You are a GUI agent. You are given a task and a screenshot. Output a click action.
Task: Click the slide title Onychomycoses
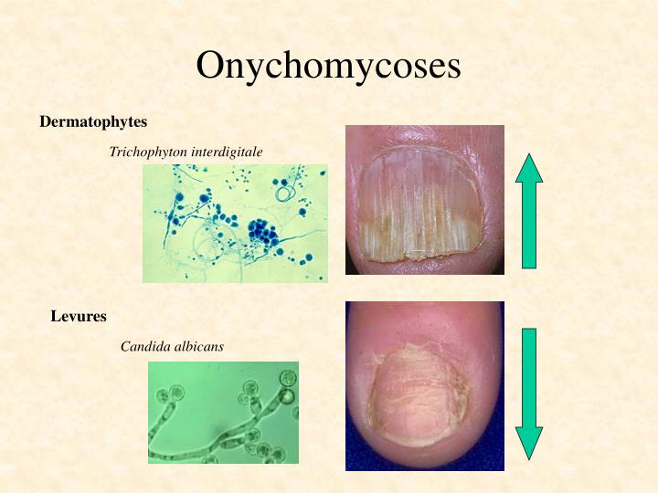329,66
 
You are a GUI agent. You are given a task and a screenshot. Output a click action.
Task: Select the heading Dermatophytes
93,121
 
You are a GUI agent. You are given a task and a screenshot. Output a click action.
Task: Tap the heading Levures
79,317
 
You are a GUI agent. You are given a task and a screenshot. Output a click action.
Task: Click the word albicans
196,346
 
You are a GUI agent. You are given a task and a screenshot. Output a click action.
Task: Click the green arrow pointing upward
528,215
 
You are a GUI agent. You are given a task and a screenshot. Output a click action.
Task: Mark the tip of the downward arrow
528,456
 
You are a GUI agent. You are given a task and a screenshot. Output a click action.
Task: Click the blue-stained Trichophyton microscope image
235,223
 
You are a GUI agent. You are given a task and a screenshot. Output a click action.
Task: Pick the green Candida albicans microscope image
223,412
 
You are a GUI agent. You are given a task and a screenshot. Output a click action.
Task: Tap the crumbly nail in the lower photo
416,393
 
